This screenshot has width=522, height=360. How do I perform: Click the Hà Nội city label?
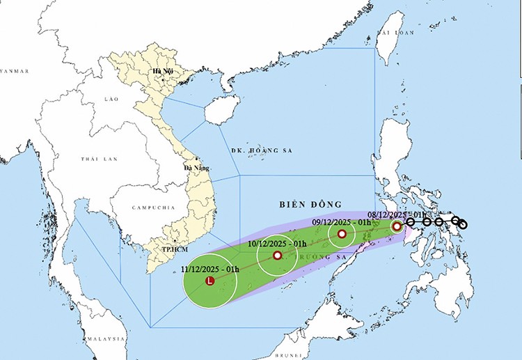[163, 71]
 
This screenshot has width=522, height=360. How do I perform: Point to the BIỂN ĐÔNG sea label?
[310, 204]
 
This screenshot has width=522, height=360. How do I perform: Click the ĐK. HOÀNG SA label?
[260, 150]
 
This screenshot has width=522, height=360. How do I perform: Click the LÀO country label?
[111, 100]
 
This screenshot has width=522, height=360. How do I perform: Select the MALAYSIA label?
[105, 338]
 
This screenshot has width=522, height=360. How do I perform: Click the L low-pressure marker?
[210, 281]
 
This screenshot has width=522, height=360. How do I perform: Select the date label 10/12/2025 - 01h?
[277, 244]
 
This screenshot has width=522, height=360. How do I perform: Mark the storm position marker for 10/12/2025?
[277, 256]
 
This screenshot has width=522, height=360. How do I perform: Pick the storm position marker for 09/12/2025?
[342, 234]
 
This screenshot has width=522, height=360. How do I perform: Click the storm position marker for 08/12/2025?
[397, 226]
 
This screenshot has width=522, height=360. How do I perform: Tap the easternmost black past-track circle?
[463, 224]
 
